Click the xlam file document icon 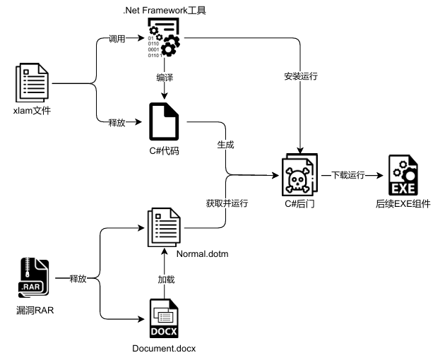(34, 83)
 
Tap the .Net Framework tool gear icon (163, 37)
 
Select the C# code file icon (163, 122)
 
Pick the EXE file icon (400, 176)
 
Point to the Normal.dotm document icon (164, 227)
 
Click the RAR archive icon (34, 280)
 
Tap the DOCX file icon (164, 319)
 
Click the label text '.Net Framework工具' (164, 9)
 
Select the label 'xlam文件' (32, 111)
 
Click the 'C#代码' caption (163, 150)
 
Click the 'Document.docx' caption (164, 349)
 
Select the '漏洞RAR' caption (34, 310)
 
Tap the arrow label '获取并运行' (227, 203)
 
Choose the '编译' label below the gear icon (164, 76)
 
